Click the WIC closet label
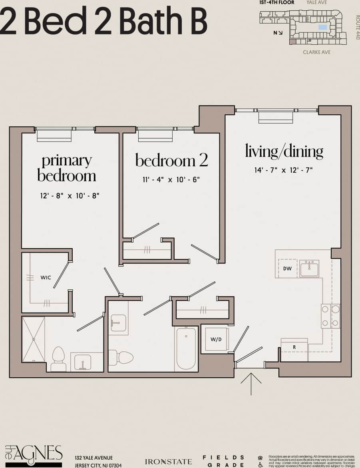pyautogui.click(x=46, y=277)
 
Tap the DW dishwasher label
pyautogui.click(x=287, y=269)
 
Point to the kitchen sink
pyautogui.click(x=309, y=269)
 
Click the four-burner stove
pyautogui.click(x=330, y=316)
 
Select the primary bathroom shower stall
pyautogui.click(x=33, y=339)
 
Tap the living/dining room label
pyautogui.click(x=284, y=151)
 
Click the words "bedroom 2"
pyautogui.click(x=171, y=160)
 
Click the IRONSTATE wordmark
pyautogui.click(x=168, y=462)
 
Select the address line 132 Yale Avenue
pyautogui.click(x=94, y=458)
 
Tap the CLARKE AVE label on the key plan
pyautogui.click(x=316, y=52)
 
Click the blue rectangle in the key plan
pyautogui.click(x=322, y=27)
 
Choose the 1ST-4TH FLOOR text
pyautogui.click(x=277, y=2)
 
